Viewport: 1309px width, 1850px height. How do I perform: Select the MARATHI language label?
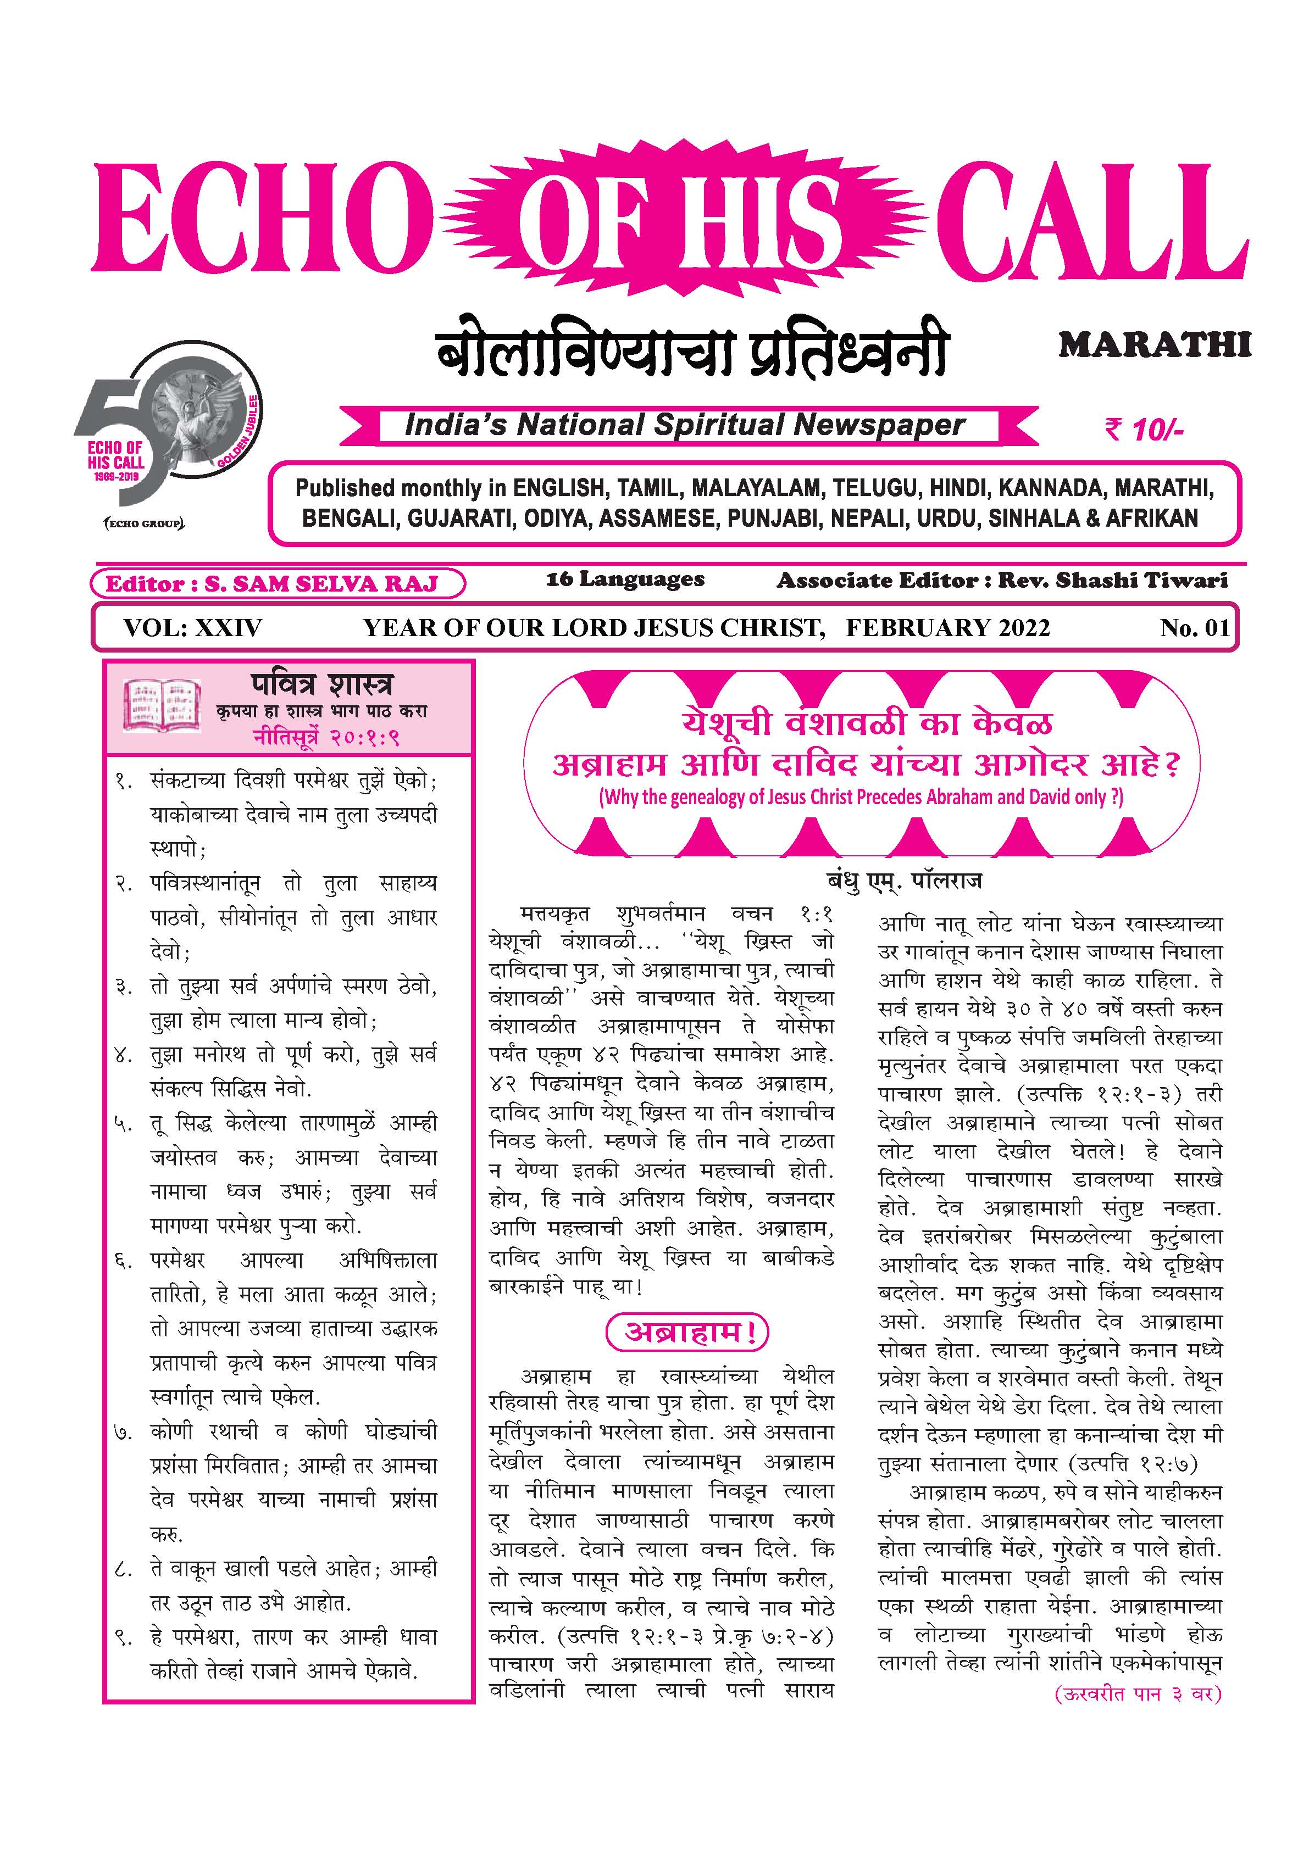tap(1154, 345)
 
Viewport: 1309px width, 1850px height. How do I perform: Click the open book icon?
tap(161, 704)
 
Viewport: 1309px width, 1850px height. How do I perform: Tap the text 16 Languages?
tap(625, 579)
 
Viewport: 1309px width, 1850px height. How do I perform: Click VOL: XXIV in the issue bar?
tap(193, 628)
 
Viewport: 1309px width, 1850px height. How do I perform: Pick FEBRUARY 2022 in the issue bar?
tap(948, 628)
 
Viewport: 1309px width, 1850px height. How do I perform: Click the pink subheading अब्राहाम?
tap(687, 1333)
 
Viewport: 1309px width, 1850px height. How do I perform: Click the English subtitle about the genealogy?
tap(861, 798)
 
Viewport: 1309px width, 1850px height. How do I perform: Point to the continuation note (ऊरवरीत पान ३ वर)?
tap(1138, 1693)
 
